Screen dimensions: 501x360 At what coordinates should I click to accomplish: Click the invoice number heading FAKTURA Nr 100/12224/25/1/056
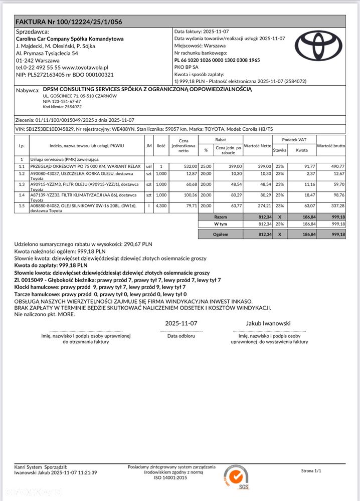coord(69,22)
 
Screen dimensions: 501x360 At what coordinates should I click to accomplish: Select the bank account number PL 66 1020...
coord(217,60)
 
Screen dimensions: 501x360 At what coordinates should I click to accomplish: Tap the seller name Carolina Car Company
coord(70,39)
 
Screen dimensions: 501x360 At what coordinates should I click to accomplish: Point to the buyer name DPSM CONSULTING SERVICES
coord(147,90)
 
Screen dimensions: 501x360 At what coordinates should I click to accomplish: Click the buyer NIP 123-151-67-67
coord(62,101)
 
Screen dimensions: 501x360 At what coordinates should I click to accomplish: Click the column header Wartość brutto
coord(331,145)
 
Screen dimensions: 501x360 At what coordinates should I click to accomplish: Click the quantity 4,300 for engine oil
coord(161,205)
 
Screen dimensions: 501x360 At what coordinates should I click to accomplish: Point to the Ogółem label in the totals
coord(221,234)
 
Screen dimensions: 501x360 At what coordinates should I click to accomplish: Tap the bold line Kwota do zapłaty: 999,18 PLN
coord(51,265)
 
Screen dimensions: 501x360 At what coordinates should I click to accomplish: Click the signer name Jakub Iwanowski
coord(268,323)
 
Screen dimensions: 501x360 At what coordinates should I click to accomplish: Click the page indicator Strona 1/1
coord(311,471)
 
